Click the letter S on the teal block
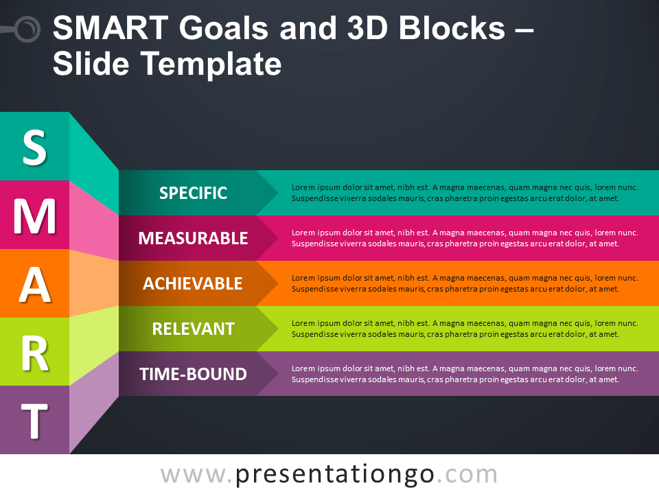coord(34,147)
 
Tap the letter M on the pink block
coord(34,215)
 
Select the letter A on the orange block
coord(34,284)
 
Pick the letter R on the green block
coord(34,352)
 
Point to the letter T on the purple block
coord(34,421)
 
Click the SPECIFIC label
coord(193,193)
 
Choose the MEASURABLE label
coord(193,238)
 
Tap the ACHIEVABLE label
coord(193,283)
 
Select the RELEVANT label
coord(193,329)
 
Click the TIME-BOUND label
coord(193,374)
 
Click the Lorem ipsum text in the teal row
coord(465,193)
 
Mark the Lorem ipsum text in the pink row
coord(465,238)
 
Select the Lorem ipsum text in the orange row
coord(465,283)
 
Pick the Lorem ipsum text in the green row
coord(465,329)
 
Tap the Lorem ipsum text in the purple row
coord(465,374)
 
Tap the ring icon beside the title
coord(27,29)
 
